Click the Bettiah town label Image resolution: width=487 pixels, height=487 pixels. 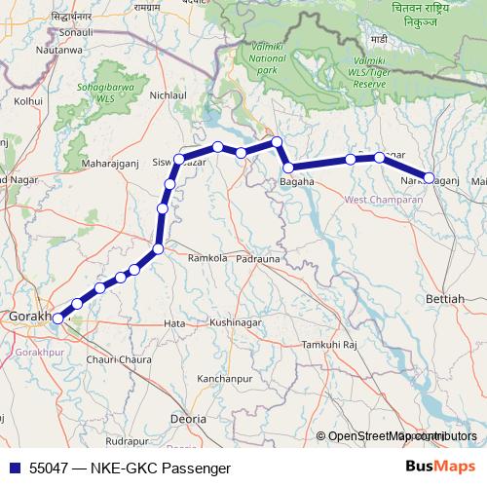pyautogui.click(x=446, y=299)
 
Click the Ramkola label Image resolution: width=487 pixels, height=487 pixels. pyautogui.click(x=205, y=259)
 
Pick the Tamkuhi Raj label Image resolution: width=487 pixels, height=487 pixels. pyautogui.click(x=330, y=346)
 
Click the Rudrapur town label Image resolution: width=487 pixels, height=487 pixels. pyautogui.click(x=125, y=440)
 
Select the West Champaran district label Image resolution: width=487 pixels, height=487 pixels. pyautogui.click(x=389, y=200)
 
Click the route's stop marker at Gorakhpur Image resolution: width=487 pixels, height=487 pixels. pyautogui.click(x=57, y=318)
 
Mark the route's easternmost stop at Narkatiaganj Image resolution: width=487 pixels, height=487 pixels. pyautogui.click(x=429, y=177)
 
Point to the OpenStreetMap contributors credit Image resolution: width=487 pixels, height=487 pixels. pyautogui.click(x=400, y=435)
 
